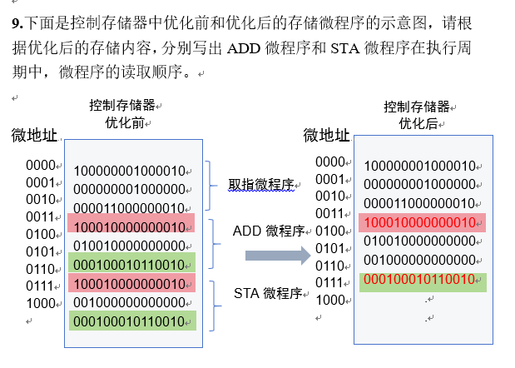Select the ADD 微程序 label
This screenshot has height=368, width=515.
point(267,231)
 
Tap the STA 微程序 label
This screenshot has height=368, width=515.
point(265,292)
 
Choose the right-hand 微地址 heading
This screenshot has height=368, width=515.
point(326,135)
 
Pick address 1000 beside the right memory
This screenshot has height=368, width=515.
point(331,300)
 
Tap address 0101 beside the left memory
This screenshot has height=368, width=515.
point(40,251)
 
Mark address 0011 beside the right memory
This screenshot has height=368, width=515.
point(331,213)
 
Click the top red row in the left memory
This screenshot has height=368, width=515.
point(131,226)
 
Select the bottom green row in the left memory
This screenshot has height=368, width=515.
point(131,321)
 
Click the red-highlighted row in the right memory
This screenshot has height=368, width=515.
point(422,221)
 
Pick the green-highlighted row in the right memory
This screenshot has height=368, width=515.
point(422,280)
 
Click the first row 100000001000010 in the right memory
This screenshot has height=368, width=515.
point(421,165)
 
